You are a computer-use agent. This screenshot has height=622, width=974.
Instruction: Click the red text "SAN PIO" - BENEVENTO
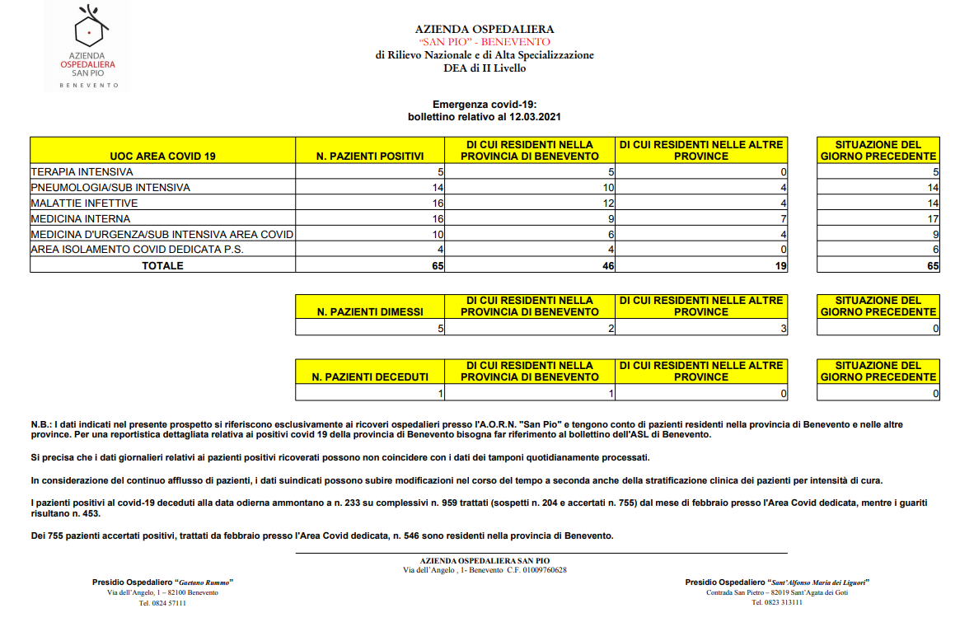point(485,41)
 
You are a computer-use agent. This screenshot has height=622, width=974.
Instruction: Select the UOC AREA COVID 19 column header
point(162,156)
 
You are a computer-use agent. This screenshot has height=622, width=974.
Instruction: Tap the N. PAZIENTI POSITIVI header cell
point(370,156)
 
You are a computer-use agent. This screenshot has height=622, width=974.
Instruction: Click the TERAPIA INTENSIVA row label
point(82,172)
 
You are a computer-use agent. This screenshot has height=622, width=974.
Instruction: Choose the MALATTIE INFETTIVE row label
point(84,203)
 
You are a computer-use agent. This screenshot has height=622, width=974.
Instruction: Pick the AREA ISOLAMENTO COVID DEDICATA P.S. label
point(138,250)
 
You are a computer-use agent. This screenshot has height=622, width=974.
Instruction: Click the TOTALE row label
point(162,265)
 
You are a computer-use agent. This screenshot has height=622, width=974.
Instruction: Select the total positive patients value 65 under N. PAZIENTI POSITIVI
point(438,266)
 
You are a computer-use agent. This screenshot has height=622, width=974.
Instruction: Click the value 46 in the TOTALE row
point(608,266)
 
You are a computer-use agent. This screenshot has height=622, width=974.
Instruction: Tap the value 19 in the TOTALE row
point(780,266)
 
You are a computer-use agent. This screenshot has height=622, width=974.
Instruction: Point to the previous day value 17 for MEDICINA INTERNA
point(933,219)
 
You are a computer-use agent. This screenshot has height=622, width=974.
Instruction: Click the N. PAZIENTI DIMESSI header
point(370,311)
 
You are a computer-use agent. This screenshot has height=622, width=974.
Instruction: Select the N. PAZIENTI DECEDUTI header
point(370,376)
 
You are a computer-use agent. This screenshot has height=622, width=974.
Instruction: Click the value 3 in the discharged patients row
point(784,329)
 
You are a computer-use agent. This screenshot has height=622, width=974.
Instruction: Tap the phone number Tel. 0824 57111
point(163,603)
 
